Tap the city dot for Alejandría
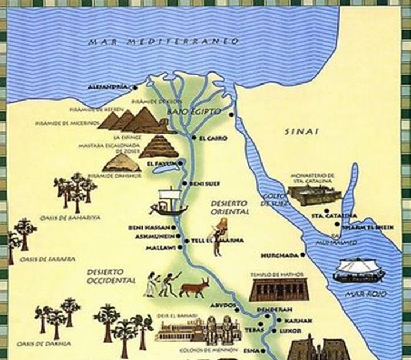(135, 87)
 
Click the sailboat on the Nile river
(167, 203)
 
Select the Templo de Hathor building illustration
(278, 289)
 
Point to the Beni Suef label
(202, 183)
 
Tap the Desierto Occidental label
(111, 275)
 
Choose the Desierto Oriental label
(229, 207)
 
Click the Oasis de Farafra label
(47, 259)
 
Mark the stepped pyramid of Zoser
(159, 146)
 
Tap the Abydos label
(224, 305)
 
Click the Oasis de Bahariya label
(62, 218)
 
